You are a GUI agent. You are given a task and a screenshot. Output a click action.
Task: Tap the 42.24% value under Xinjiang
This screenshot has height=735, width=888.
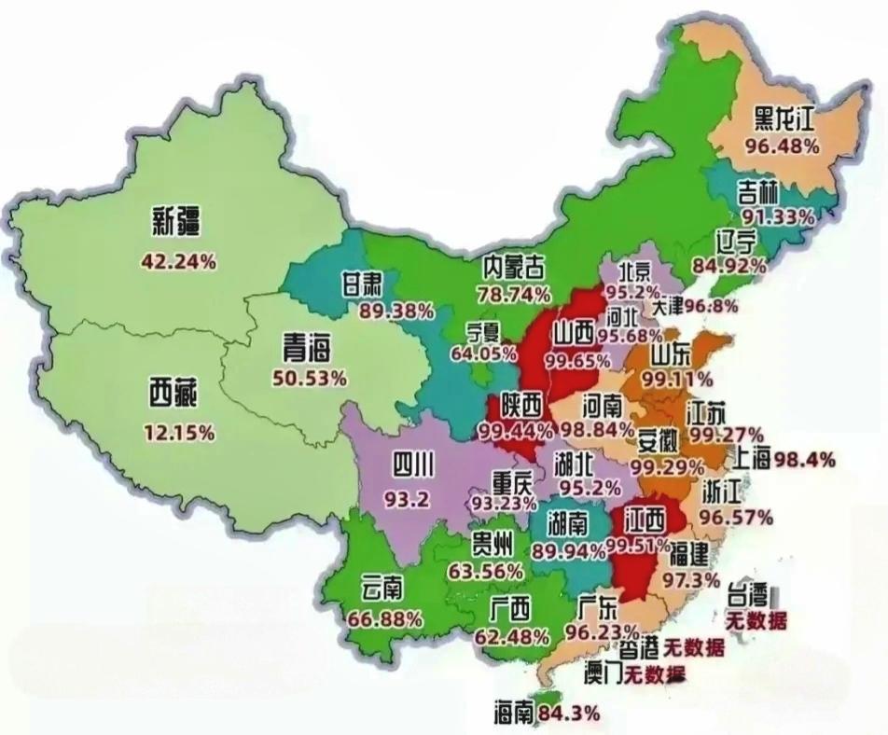click(178, 262)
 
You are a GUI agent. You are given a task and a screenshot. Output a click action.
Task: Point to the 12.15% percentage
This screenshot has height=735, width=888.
click(179, 433)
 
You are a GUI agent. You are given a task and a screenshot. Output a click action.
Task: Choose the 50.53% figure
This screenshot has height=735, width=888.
click(310, 378)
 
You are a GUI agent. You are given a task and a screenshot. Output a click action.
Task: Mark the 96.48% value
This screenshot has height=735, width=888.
click(782, 146)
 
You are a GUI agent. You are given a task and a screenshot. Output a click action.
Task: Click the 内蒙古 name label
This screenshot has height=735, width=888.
click(513, 267)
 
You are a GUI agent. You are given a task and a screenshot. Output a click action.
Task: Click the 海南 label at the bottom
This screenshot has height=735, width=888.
click(514, 714)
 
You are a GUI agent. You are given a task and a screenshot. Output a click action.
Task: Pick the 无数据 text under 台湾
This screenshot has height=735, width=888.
click(756, 620)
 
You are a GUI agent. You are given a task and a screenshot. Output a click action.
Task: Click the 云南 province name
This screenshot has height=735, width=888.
click(382, 590)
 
